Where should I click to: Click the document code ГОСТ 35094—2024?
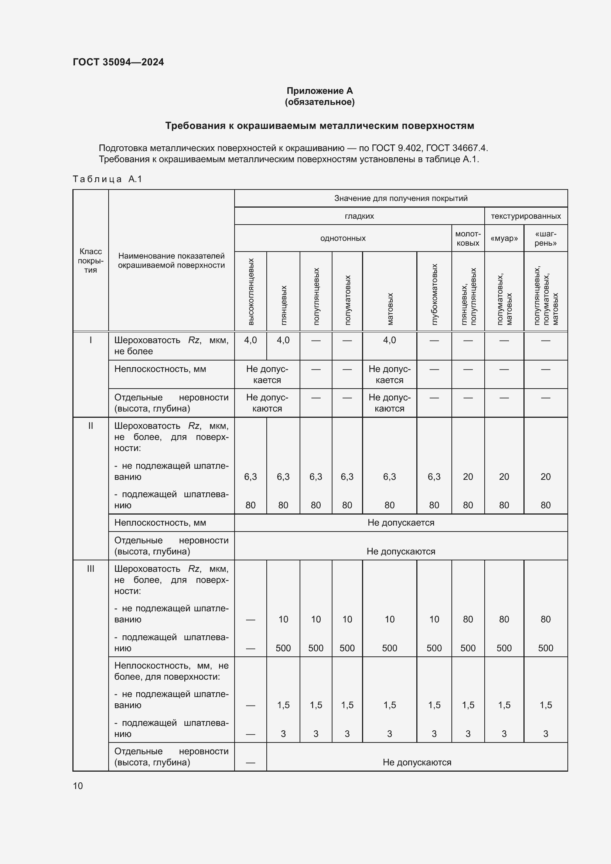coord(118,62)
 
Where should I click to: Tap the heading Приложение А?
coord(320,91)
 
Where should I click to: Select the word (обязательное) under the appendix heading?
coord(320,102)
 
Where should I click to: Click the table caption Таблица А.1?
coord(107,179)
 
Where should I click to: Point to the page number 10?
coord(78,786)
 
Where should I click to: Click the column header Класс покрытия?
coord(90,260)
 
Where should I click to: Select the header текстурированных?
coord(526,216)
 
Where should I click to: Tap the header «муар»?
coord(504,238)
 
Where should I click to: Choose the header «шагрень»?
coord(545,238)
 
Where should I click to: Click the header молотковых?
coord(468,238)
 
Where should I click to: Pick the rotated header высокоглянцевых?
coord(251,292)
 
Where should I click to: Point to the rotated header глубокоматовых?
coord(434,294)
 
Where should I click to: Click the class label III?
coord(90,569)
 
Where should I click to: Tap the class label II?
coord(90,426)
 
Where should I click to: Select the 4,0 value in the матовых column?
coord(389,340)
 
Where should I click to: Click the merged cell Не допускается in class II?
coord(401,523)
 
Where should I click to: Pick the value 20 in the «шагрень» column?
coord(545,477)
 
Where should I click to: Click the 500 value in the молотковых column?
coord(468,648)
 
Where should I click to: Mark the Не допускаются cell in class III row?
coord(416,762)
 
